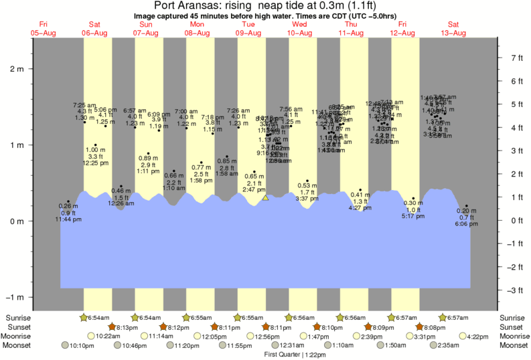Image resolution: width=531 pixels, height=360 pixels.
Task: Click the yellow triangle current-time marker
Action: click(266, 197)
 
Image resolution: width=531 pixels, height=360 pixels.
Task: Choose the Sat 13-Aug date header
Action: click(453, 29)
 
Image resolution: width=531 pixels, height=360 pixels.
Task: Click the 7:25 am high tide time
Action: click(84, 105)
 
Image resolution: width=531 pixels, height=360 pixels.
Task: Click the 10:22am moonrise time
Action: click(108, 336)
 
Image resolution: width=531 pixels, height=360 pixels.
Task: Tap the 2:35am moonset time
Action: click(445, 345)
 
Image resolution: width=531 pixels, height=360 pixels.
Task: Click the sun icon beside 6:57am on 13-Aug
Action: click(443, 317)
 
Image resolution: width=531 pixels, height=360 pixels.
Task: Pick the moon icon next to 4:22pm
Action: click(463, 336)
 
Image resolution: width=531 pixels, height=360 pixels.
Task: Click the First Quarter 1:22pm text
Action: click(293, 354)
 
